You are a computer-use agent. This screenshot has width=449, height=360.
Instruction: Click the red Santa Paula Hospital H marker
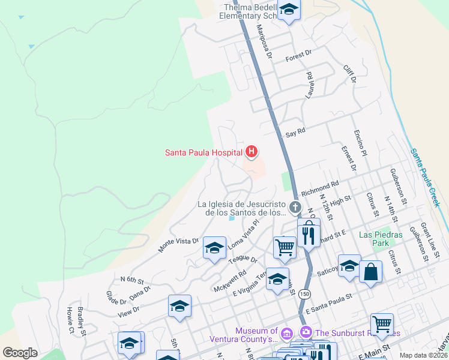[x=252, y=152]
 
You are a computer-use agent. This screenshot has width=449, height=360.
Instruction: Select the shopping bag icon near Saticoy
[x=371, y=272]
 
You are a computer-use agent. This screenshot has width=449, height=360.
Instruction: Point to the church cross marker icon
[x=295, y=208]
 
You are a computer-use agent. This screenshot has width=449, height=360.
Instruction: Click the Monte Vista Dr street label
[x=178, y=244]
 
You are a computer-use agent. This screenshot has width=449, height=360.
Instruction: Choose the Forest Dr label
[x=299, y=55]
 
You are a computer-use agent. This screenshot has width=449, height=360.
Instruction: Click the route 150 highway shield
[x=305, y=293]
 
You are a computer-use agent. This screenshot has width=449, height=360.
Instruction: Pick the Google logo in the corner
[x=20, y=353]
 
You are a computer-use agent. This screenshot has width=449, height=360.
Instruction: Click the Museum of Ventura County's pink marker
[x=286, y=332]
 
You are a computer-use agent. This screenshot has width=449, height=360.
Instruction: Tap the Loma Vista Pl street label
[x=244, y=232]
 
